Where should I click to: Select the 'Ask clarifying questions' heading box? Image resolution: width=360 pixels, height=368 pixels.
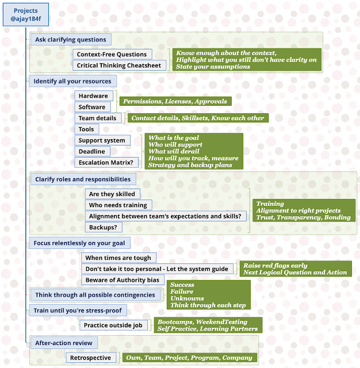[70, 40]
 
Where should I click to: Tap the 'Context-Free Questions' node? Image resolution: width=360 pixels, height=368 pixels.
[112, 54]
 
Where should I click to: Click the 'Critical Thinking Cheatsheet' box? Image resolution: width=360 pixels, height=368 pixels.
[119, 66]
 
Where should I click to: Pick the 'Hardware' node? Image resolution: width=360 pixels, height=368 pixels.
[93, 96]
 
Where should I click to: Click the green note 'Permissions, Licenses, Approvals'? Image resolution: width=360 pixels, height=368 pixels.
[175, 101]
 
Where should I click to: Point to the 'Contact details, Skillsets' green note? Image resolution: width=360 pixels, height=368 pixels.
[197, 118]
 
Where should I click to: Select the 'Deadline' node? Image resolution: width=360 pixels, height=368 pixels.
[92, 151]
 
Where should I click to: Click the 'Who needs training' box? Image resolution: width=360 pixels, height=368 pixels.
[118, 205]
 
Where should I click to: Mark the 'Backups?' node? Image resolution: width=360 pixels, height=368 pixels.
[104, 227]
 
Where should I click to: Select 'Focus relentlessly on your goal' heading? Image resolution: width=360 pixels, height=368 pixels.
[79, 243]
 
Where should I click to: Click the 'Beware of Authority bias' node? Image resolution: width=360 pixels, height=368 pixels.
[121, 280]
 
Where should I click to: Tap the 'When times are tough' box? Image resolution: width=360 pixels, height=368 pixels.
[118, 258]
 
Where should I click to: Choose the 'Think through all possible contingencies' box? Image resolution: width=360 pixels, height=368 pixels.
[95, 295]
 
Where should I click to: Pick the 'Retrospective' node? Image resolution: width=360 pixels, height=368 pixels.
[91, 358]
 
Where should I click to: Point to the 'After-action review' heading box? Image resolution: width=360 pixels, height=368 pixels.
[64, 343]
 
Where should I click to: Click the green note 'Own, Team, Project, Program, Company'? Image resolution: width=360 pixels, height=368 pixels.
[189, 358]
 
